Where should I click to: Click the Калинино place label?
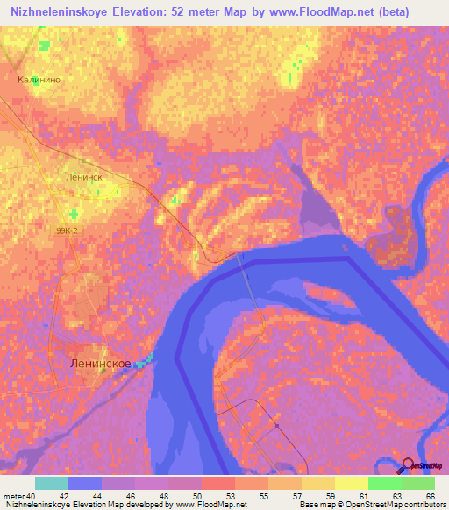[x=38, y=79]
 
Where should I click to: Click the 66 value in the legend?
[x=430, y=495]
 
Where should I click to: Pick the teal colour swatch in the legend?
[x=52, y=483]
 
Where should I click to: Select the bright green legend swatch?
[x=384, y=483]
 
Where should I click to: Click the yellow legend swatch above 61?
[x=351, y=483]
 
